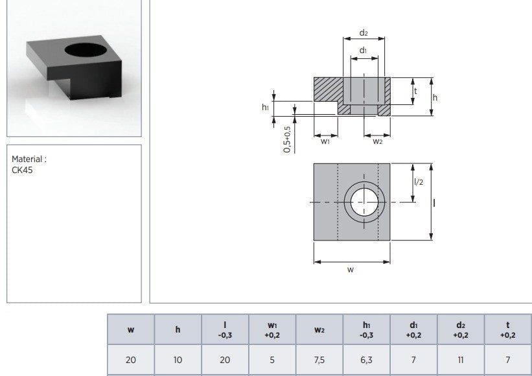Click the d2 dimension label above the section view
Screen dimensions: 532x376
pos(364,33)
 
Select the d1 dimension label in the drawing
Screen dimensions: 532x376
pos(363,50)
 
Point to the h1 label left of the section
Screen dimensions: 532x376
pos(265,107)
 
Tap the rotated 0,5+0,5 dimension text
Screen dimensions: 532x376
pos(287,139)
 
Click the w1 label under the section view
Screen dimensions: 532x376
pos(325,141)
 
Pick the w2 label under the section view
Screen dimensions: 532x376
pos(377,141)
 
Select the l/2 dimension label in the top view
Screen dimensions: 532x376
pos(419,182)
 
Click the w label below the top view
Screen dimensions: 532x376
pos(351,270)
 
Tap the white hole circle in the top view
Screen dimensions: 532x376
pos(364,203)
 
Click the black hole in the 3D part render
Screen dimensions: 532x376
pos(86,50)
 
